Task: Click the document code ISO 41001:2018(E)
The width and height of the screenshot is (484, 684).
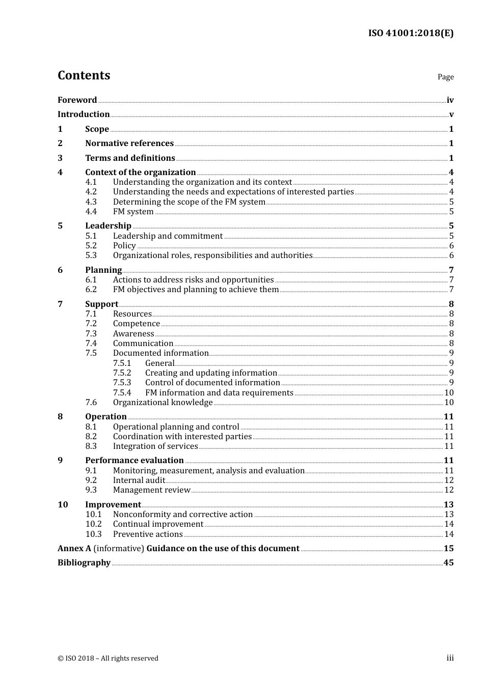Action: [x=411, y=33]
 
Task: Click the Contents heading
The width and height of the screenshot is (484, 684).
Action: [x=84, y=75]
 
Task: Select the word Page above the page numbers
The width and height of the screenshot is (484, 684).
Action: [x=445, y=77]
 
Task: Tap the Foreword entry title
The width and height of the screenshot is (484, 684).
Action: [x=77, y=100]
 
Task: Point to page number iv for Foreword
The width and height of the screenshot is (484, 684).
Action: [x=450, y=100]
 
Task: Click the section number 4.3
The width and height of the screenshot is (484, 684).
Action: [x=91, y=202]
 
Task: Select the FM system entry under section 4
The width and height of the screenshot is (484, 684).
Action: [x=133, y=212]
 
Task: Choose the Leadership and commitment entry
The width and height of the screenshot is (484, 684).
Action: [x=168, y=236]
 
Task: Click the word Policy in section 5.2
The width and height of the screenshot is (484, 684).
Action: [x=124, y=246]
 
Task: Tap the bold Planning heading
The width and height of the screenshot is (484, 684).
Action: [x=103, y=270]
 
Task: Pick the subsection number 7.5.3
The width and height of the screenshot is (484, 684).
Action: [x=122, y=383]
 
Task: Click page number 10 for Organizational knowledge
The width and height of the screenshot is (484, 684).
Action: [x=449, y=403]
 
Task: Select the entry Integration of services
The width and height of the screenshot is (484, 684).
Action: [x=155, y=446]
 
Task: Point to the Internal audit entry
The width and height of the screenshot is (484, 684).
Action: [x=139, y=480]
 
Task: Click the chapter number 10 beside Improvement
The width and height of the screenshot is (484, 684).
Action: [x=63, y=504]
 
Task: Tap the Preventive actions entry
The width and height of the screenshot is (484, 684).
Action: [x=148, y=534]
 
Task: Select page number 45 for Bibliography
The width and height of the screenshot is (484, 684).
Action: [x=448, y=563]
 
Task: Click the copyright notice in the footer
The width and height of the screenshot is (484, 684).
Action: [x=108, y=658]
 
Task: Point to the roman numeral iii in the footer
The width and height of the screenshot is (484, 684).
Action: [x=450, y=658]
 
